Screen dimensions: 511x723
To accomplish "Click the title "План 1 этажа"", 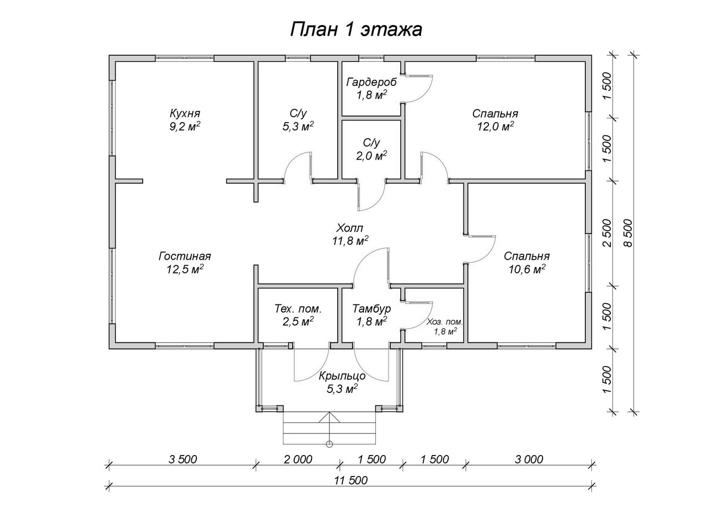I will (x=356, y=30).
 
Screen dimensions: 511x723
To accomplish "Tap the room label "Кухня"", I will (x=185, y=113).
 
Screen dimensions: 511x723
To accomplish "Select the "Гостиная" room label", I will (x=185, y=256).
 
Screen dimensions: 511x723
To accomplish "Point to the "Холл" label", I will (x=350, y=228).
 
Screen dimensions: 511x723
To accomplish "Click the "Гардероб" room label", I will (x=371, y=82).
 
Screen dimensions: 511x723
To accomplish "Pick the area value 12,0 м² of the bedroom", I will (x=494, y=126).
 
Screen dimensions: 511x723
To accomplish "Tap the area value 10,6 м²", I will (x=526, y=269).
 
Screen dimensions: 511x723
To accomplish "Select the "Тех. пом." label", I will (x=298, y=309).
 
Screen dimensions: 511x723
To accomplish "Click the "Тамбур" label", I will (x=371, y=309).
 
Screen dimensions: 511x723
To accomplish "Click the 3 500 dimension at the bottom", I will (x=183, y=459).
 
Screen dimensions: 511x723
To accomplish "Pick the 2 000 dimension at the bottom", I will (x=298, y=459).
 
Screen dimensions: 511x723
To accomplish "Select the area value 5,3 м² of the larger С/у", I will (x=298, y=126).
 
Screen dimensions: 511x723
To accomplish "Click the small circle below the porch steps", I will (x=329, y=444).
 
